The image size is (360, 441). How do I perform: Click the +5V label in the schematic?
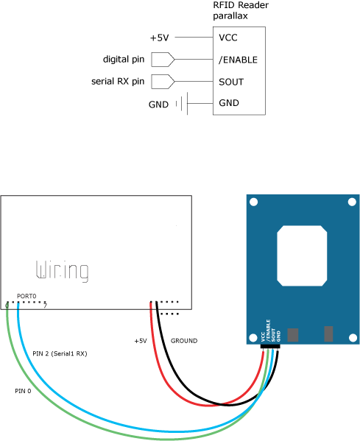160,38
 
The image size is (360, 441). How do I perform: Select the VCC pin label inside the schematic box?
228,38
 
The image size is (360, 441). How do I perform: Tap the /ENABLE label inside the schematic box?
238,60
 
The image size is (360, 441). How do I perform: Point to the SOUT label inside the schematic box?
231,82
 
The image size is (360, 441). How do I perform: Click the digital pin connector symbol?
163,60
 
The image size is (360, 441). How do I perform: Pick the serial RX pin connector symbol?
163,82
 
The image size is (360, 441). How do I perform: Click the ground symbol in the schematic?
182,104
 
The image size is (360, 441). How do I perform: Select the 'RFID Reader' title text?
241,5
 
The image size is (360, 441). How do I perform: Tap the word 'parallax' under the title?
230,15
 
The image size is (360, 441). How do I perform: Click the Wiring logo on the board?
62,270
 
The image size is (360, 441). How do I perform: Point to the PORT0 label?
27,296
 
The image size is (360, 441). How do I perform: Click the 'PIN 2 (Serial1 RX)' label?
60,353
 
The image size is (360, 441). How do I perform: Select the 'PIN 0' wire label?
23,391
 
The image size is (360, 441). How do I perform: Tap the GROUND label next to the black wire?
184,341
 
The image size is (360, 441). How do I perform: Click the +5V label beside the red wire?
141,341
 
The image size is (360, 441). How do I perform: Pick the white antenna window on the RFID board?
302,255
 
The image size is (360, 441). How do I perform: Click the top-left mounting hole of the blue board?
254,202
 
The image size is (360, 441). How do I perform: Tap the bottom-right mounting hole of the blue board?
353,338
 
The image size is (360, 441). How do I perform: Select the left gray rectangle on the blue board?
293,335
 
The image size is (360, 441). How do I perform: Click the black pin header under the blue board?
270,346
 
